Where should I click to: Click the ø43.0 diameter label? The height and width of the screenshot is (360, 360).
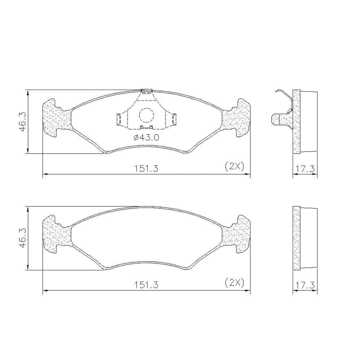click(146, 138)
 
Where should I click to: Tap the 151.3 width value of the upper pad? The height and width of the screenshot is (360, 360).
click(146, 169)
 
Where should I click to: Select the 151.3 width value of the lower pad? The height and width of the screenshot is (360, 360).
click(146, 285)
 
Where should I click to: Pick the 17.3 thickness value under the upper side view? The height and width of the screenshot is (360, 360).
click(305, 169)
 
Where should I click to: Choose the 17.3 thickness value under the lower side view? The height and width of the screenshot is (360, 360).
click(305, 285)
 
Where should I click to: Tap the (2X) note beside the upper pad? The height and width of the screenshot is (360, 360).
click(234, 166)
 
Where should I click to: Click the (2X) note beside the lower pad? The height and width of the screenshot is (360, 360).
click(234, 282)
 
